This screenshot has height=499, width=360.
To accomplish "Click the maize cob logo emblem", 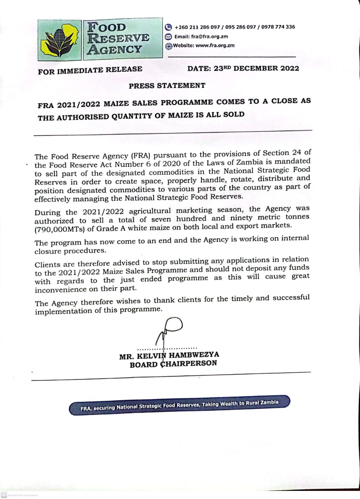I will [x=60, y=39].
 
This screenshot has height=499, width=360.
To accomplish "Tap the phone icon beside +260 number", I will [x=168, y=27].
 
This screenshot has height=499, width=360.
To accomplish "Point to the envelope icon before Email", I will [x=168, y=37].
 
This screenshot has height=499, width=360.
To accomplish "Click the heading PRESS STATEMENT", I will [x=167, y=85].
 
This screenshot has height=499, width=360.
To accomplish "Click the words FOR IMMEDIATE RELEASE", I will [x=90, y=71].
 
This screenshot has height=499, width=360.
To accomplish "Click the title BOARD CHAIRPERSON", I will [x=173, y=364].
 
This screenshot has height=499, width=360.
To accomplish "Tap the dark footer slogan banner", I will [x=180, y=406].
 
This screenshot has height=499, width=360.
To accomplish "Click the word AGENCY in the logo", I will [x=115, y=50].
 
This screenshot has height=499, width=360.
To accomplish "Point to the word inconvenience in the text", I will [x=61, y=290].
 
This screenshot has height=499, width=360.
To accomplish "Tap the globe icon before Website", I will [x=169, y=46].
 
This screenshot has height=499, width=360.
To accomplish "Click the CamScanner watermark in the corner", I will [x=19, y=495].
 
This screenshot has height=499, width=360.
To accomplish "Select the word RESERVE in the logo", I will [x=118, y=38].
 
